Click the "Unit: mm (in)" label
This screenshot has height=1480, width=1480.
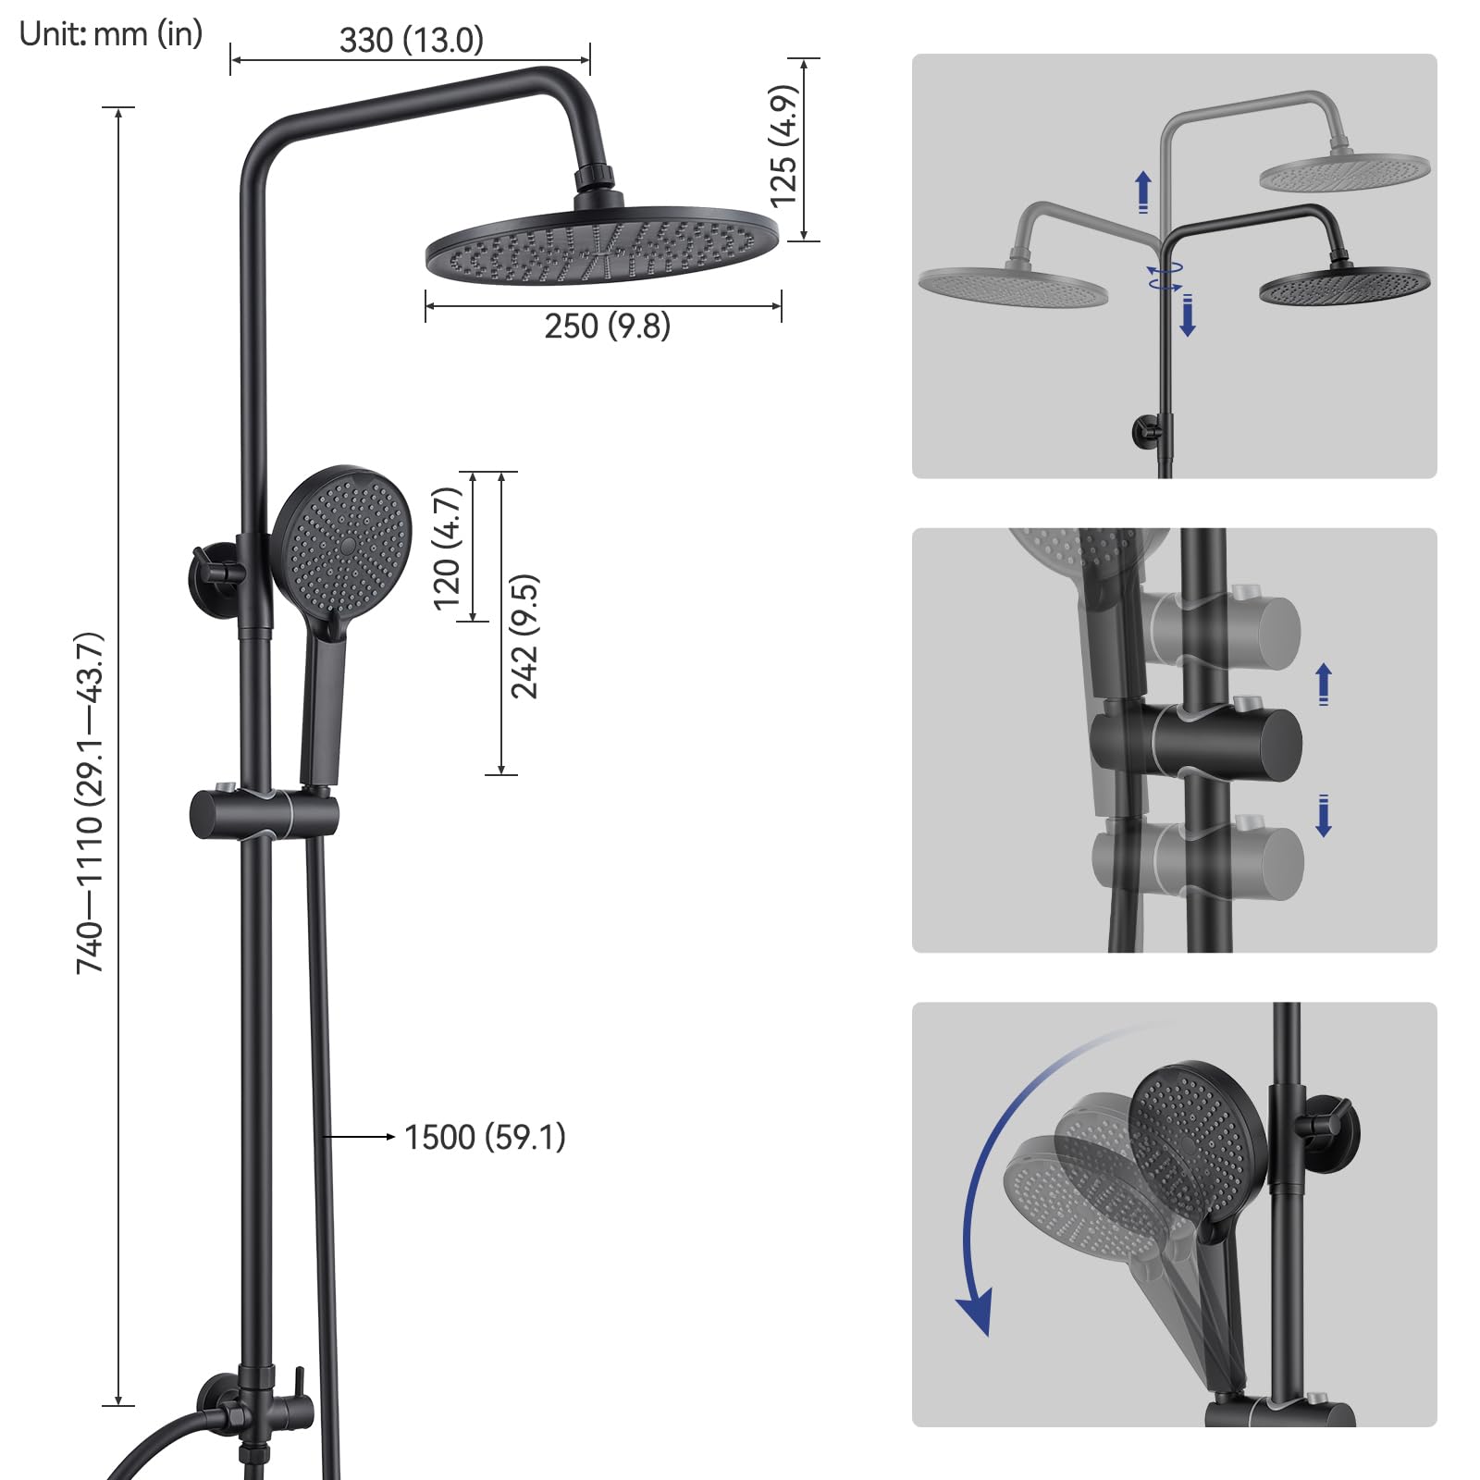click(111, 34)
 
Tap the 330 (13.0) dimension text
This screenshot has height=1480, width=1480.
click(412, 40)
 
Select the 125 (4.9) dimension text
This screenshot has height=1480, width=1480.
click(783, 145)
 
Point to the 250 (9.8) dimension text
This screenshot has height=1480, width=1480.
click(608, 327)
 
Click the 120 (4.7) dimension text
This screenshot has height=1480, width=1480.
click(447, 548)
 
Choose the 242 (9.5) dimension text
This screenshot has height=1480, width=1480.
click(524, 636)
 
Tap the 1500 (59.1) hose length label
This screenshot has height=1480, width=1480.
click(485, 1137)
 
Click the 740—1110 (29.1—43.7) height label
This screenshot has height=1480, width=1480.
click(90, 803)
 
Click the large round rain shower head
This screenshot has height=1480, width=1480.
click(603, 244)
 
